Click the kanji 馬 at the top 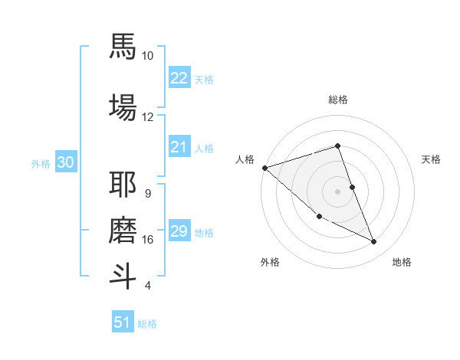click(x=123, y=46)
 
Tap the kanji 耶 click(x=123, y=185)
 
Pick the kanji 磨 click(x=123, y=229)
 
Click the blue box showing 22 click(x=179, y=77)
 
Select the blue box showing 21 click(x=179, y=147)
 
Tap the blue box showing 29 click(x=179, y=231)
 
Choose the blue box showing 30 click(x=65, y=162)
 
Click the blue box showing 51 click(x=123, y=322)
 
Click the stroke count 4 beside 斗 click(x=147, y=286)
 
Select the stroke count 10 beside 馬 click(x=147, y=56)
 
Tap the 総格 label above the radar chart click(x=338, y=100)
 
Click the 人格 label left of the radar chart click(x=245, y=159)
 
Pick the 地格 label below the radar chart click(x=402, y=262)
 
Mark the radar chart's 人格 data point click(x=264, y=168)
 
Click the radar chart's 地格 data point click(x=374, y=242)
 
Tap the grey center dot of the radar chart click(x=338, y=191)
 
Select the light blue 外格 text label click(x=40, y=163)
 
